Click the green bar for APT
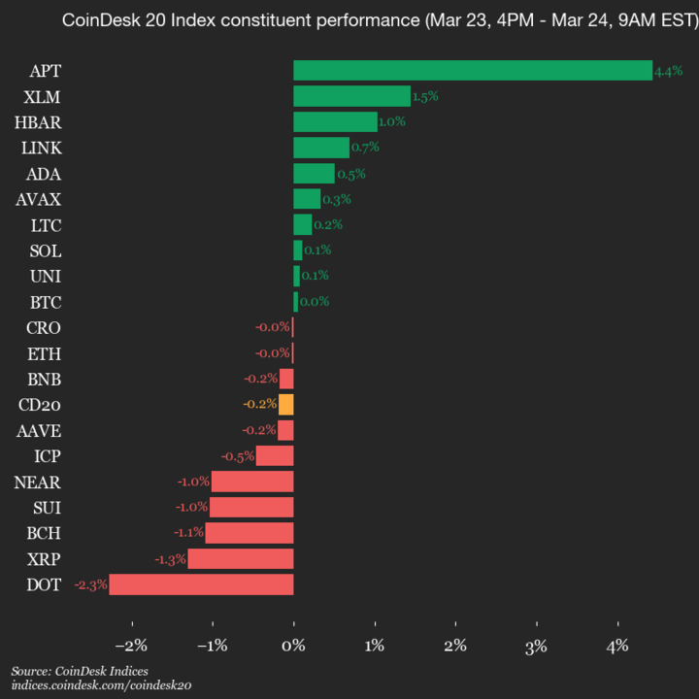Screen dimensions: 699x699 [x=473, y=70]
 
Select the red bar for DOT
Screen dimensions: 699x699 [x=201, y=584]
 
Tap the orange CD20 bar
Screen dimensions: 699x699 [x=285, y=404]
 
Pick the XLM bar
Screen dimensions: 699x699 [x=351, y=96]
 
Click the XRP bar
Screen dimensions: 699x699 [x=240, y=558]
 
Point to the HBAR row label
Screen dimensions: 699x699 [x=37, y=121]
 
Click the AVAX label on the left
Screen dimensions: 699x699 [x=38, y=199]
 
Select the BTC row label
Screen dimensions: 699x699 [x=45, y=302]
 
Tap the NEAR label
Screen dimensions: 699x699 [x=37, y=482]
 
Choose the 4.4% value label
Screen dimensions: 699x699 [x=669, y=71]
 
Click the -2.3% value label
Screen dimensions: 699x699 [x=90, y=584]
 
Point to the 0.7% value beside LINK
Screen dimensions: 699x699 [x=365, y=148]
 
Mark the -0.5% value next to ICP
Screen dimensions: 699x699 [x=238, y=456]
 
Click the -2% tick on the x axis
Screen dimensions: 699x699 [x=131, y=646]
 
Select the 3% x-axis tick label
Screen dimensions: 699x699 [x=537, y=646]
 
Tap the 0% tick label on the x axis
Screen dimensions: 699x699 [x=293, y=646]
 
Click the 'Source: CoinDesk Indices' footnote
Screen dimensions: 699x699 [x=81, y=671]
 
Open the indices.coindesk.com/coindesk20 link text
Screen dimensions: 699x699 [x=101, y=685]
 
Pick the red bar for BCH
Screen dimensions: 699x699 [x=249, y=533]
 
